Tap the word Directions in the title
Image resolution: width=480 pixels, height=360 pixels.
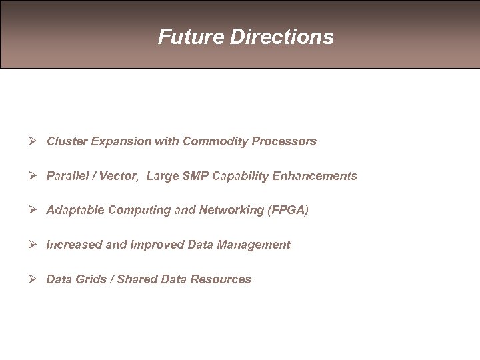(x=282, y=37)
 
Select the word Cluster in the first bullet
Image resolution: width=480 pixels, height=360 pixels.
(x=65, y=141)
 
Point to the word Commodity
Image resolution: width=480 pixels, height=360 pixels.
(x=213, y=141)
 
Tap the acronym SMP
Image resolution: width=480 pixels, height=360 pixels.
(x=195, y=176)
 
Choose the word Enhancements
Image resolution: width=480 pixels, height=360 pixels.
(x=313, y=176)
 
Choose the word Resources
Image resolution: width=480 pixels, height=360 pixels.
(x=221, y=279)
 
